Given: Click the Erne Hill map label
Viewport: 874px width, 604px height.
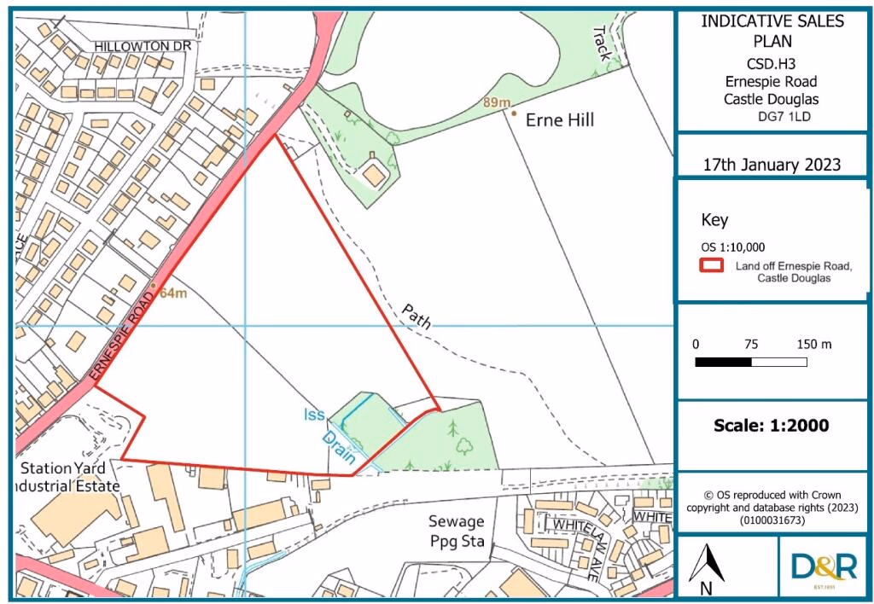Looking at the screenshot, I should [x=559, y=120].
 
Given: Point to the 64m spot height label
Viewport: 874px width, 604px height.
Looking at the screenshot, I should [x=173, y=295].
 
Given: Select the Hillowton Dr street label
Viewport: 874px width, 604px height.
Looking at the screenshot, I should [x=139, y=46].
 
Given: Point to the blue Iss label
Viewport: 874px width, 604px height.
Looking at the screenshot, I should [x=314, y=416].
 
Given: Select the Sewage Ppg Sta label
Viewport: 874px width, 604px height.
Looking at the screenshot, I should [x=457, y=531].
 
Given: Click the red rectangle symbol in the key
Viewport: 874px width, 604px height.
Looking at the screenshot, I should [x=712, y=265].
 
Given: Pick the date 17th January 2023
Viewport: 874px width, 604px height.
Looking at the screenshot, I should [x=772, y=165].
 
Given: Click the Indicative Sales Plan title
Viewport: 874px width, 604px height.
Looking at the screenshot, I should [x=771, y=31].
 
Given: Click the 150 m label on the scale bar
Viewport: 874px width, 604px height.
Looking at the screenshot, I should [x=814, y=344].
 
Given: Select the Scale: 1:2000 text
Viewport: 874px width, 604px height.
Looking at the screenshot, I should [x=771, y=425].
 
